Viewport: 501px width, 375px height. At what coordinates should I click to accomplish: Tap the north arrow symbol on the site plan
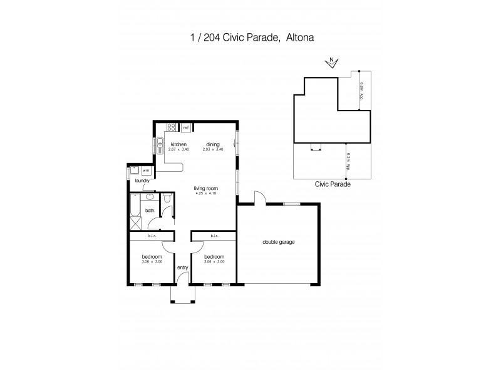(332, 61)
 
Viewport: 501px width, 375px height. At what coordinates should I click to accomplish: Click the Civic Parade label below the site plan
(332, 185)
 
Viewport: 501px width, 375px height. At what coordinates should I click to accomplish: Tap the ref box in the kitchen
(186, 127)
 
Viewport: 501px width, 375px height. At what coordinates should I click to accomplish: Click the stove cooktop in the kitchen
(170, 129)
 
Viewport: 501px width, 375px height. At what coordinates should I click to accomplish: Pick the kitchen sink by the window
(160, 144)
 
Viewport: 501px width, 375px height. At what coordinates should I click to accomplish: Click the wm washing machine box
(146, 169)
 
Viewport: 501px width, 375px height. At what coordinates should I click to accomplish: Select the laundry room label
(142, 181)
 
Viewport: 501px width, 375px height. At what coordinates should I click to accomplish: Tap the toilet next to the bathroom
(166, 199)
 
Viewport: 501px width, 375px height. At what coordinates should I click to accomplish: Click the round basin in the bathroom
(150, 198)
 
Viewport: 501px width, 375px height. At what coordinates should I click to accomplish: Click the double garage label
(279, 242)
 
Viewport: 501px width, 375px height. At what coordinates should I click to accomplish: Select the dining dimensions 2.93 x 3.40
(214, 150)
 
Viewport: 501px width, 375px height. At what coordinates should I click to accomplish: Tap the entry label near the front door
(182, 267)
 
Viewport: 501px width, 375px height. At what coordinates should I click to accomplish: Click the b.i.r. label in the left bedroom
(152, 236)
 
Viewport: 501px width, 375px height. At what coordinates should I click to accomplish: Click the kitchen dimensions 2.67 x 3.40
(178, 150)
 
